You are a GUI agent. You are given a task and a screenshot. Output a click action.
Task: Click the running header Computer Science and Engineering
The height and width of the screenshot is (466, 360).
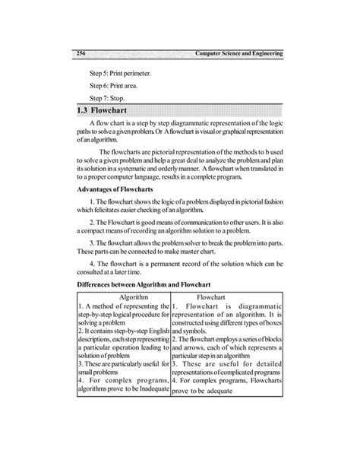[x=239, y=54]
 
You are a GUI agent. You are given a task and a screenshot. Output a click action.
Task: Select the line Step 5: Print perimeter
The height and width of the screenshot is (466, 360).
[x=119, y=73]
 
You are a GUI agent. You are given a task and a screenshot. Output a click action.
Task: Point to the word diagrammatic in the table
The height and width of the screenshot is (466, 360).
[x=255, y=305]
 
